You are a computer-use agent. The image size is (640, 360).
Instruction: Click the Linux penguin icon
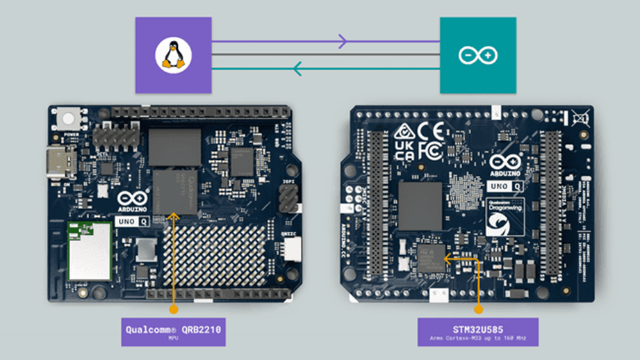[x=172, y=55]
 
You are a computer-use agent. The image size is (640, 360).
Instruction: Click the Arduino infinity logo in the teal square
[x=477, y=55]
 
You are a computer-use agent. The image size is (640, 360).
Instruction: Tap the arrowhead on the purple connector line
[x=341, y=42]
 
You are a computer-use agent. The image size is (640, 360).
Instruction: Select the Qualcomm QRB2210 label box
[x=172, y=332]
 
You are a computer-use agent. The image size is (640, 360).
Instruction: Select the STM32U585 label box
[x=477, y=332]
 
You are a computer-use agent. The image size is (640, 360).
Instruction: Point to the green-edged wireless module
[x=89, y=249]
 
